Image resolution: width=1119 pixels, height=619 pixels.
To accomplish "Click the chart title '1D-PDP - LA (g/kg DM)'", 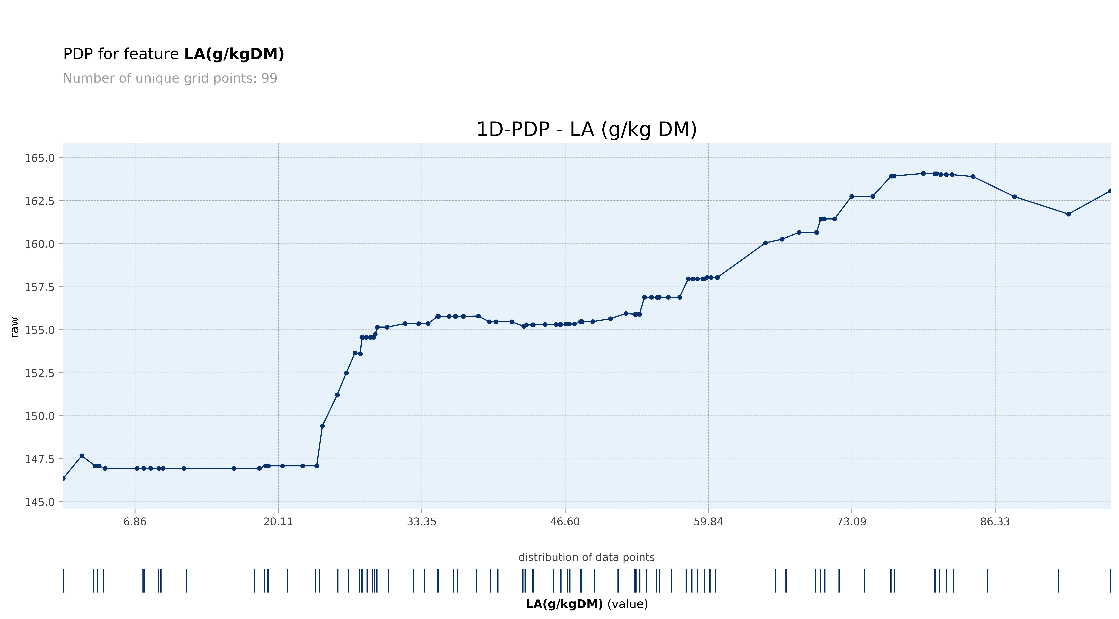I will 586,129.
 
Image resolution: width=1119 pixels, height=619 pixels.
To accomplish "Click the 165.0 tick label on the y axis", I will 40,158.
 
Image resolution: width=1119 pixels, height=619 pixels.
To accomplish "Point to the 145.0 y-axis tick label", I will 40,502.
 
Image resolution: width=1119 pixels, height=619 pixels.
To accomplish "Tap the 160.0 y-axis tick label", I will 40,244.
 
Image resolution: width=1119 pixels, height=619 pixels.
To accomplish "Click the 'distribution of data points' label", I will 586,557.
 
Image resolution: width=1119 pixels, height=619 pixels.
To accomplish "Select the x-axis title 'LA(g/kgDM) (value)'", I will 586,604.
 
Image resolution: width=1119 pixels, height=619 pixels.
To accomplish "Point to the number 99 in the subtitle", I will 269,79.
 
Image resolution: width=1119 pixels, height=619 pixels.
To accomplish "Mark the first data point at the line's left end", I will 63,478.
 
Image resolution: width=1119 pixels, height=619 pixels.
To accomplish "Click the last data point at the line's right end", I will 1110,191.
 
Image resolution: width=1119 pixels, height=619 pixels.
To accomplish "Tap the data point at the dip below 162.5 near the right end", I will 1068,214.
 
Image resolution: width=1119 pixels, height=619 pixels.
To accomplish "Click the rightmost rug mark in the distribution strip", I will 1110,581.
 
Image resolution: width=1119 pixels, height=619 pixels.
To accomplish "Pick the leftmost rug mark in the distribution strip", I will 63,581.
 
